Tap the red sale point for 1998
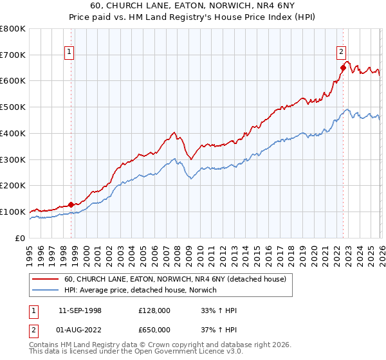tap(71, 204)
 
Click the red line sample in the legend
tap(46, 280)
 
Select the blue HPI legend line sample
tap(46, 291)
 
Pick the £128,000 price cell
tap(154, 310)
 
